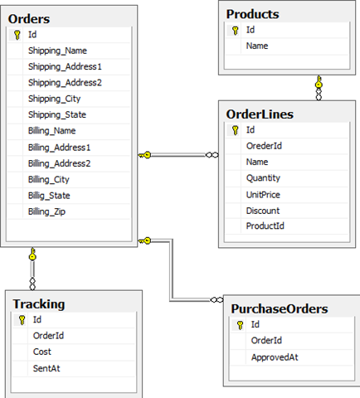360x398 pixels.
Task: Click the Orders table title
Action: [x=29, y=19]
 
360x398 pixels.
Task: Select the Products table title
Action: [x=252, y=14]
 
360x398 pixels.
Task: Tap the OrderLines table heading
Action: [x=260, y=114]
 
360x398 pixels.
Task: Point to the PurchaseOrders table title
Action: [x=280, y=308]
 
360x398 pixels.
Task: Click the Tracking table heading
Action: [x=39, y=304]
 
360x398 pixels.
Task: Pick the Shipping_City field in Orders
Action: [x=54, y=99]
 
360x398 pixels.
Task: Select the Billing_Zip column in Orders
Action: [x=46, y=211]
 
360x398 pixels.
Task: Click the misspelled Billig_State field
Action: [x=49, y=196]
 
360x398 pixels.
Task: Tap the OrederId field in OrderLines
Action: [x=264, y=146]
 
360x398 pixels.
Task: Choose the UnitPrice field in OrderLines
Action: [x=263, y=195]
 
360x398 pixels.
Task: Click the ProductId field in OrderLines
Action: [x=265, y=226]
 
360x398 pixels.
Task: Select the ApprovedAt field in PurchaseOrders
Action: [x=275, y=357]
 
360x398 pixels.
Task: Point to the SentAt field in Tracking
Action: [x=46, y=368]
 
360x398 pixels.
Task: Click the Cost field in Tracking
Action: [x=42, y=352]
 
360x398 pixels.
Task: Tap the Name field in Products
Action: [x=257, y=46]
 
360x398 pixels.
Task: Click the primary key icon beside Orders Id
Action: [x=17, y=35]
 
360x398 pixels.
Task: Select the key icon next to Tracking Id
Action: [x=22, y=320]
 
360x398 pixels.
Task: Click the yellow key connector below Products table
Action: [x=319, y=82]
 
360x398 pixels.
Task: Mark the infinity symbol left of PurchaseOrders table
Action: [x=216, y=299]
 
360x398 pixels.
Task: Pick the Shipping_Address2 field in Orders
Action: [x=65, y=83]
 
